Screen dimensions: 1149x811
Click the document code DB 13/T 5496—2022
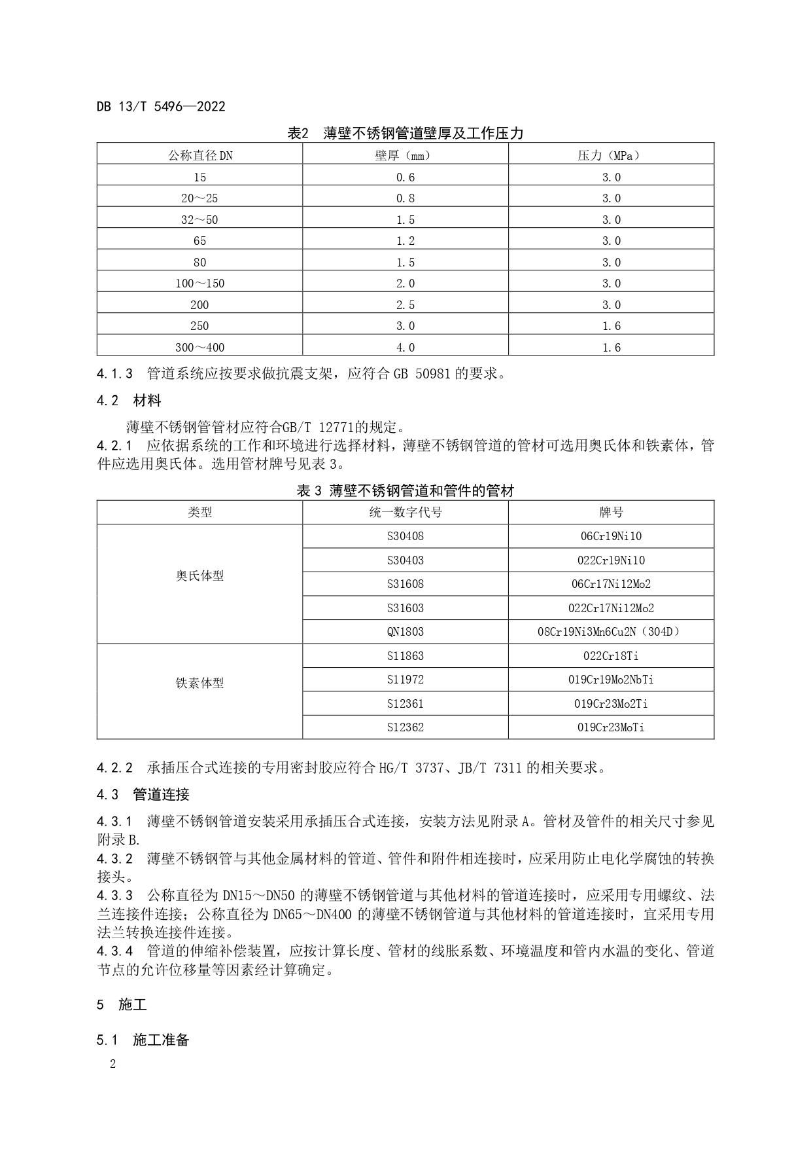point(161,106)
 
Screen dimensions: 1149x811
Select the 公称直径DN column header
point(199,155)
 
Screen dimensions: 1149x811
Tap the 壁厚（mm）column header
point(405,155)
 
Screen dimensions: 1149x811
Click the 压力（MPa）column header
point(611,155)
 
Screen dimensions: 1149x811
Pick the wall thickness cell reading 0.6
point(405,177)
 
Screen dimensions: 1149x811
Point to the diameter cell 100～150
point(199,283)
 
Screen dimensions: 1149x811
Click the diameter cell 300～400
point(199,348)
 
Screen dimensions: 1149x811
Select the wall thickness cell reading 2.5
point(405,305)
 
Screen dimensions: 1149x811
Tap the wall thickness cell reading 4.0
point(405,348)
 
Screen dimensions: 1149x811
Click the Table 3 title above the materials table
point(405,490)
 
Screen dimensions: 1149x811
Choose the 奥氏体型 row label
point(199,576)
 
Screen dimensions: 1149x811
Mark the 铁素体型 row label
point(199,684)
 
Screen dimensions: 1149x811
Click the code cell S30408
point(405,536)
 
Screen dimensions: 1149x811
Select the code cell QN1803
point(405,632)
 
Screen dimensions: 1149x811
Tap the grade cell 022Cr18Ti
point(611,656)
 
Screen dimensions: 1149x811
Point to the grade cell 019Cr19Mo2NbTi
point(611,680)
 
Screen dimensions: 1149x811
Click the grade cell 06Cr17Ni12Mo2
point(611,584)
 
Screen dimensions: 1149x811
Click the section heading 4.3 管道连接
point(143,795)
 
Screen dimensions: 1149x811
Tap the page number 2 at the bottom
point(112,1065)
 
